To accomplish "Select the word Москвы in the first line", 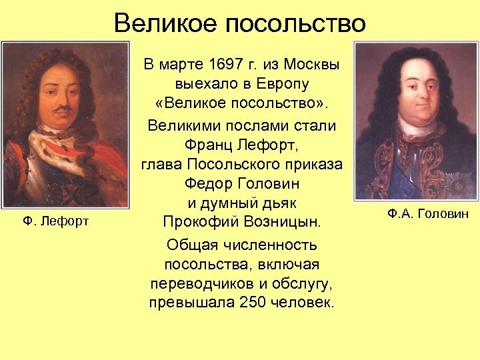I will [311, 66].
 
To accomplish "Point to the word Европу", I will [279, 86].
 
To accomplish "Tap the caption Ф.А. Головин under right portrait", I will [418, 213].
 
